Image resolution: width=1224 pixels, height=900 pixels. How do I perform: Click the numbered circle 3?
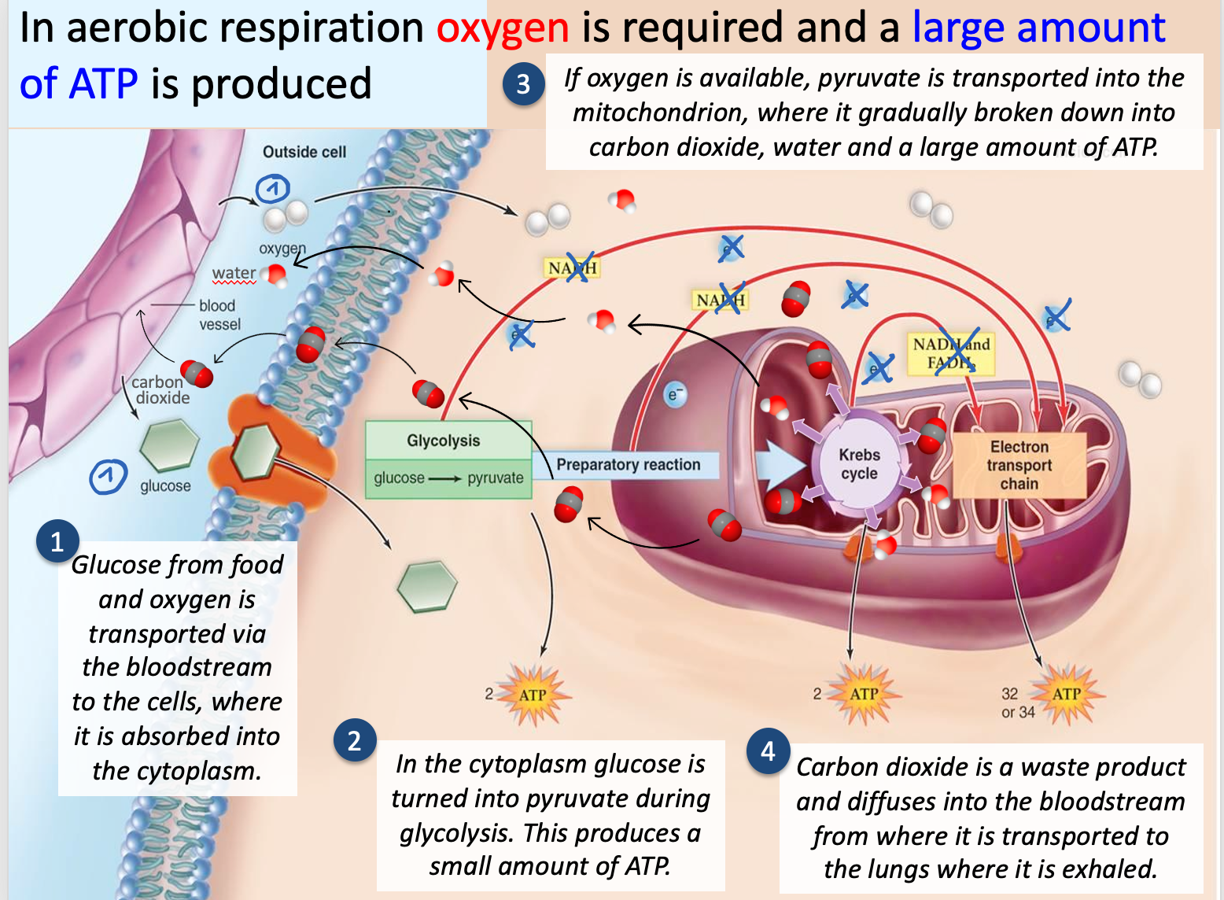coord(523,84)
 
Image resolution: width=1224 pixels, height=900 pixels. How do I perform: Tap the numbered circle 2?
coord(354,740)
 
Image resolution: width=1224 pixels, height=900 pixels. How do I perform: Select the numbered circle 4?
coord(768,751)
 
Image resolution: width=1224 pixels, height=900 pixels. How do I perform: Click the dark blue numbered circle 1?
coord(57,542)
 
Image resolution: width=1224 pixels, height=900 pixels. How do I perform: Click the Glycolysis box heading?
coord(443,441)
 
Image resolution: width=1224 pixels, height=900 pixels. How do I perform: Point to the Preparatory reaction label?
coord(628,465)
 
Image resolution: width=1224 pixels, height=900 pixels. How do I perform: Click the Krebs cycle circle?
coord(859,464)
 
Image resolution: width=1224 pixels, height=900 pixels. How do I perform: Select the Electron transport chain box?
coord(1019,465)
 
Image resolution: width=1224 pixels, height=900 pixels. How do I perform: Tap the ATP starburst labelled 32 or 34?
coord(1066,694)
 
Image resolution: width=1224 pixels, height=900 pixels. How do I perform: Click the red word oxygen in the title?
coord(503,28)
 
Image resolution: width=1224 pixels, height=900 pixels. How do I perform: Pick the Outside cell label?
coord(304,152)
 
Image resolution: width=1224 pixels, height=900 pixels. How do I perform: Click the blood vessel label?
coord(219,315)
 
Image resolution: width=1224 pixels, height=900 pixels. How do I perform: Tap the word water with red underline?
coord(234,273)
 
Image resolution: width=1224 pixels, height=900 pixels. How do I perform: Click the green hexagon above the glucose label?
coord(169,445)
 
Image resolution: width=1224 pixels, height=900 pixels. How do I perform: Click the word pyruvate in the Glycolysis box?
coord(495,478)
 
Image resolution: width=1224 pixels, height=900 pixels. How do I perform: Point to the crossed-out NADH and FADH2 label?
coord(951,353)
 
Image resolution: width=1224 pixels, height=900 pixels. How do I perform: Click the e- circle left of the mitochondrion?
coord(674,394)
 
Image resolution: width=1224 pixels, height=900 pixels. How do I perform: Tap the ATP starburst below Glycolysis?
coord(533,695)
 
